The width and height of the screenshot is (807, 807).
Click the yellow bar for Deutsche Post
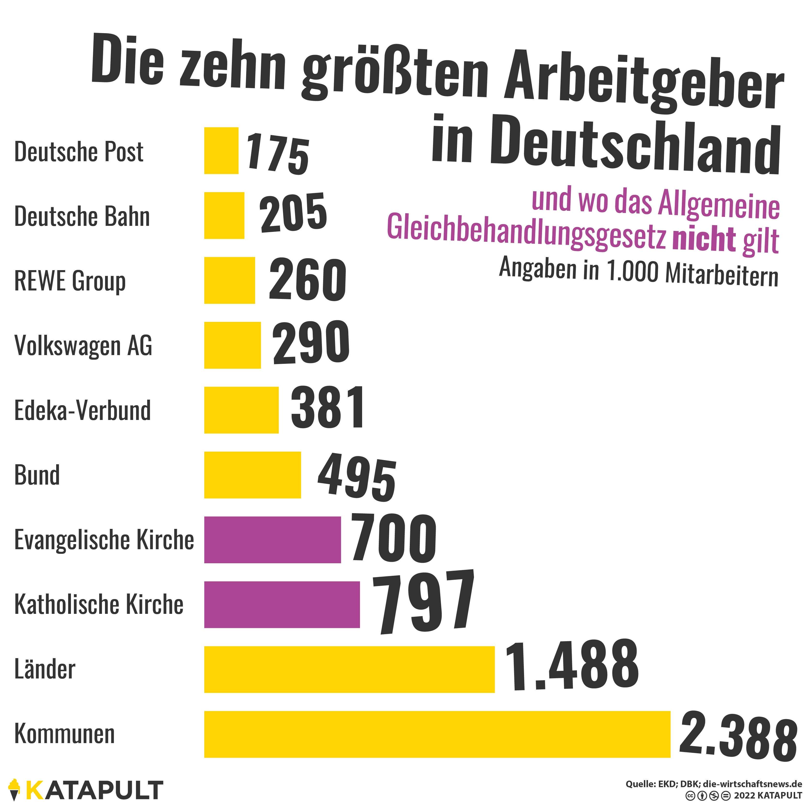221,150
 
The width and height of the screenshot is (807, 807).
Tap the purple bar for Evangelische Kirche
272,540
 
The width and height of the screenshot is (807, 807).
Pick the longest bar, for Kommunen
437,734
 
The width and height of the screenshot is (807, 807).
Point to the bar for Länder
349,669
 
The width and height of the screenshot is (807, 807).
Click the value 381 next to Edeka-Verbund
327,408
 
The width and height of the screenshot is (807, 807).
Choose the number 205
293,213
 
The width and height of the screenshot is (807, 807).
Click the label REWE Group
70,281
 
